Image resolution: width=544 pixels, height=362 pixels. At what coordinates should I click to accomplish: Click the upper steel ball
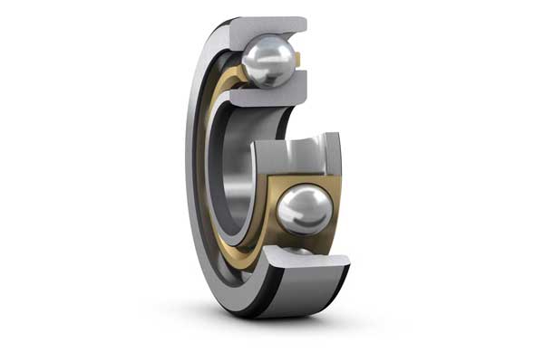(267, 62)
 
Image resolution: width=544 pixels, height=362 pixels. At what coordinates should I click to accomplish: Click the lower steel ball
(304, 211)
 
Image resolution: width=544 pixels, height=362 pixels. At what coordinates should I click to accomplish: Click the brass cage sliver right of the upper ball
(297, 62)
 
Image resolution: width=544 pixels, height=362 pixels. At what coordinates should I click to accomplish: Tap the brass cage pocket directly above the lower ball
(304, 177)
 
